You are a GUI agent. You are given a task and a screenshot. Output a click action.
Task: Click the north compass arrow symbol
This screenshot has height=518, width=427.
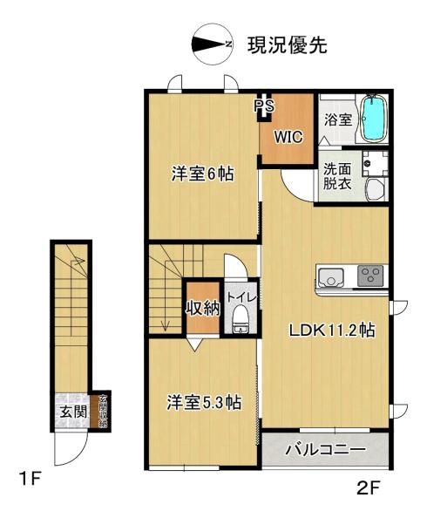click(x=212, y=44)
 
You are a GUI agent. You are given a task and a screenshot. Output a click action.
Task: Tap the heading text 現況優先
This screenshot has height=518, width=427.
click(x=288, y=44)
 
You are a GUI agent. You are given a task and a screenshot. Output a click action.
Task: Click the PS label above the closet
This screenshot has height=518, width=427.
click(x=262, y=105)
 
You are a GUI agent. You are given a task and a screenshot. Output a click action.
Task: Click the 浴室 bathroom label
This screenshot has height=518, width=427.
click(x=337, y=119)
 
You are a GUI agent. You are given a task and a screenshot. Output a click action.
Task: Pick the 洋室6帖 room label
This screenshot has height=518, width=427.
click(x=201, y=174)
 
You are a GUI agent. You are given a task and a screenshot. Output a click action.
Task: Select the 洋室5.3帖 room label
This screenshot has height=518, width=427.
click(x=204, y=403)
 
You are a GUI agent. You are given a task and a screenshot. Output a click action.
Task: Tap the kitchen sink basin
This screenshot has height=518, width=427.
click(x=331, y=278)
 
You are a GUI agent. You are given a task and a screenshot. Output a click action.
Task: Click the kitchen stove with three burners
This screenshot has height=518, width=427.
click(x=369, y=277)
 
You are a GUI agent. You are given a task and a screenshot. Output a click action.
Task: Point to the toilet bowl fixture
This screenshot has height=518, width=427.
click(x=240, y=324)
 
